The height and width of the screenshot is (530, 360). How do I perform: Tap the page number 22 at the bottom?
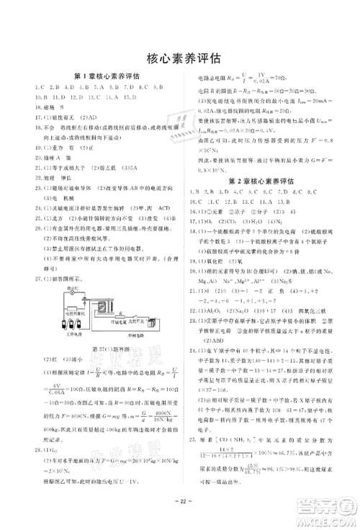(x=180, y=501)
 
